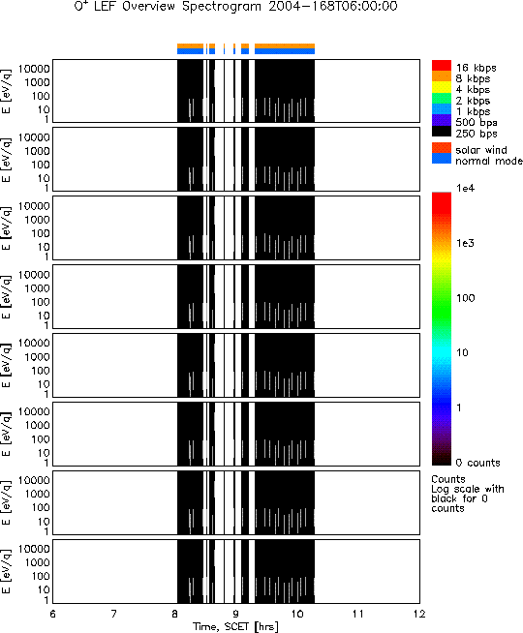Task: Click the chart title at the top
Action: [236, 7]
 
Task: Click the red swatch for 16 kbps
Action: [442, 66]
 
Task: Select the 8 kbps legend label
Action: [473, 78]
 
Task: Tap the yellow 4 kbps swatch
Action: [442, 87]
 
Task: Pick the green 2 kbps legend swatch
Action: [442, 98]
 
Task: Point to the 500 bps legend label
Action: [477, 123]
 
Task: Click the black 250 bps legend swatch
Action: [442, 131]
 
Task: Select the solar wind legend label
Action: [481, 150]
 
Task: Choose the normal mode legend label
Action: [489, 161]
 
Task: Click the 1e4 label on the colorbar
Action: [465, 188]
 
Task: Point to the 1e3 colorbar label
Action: [465, 243]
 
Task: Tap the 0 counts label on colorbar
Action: [477, 463]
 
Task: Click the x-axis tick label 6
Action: [52, 615]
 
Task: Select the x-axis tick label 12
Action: [419, 615]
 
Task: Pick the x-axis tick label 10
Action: [297, 615]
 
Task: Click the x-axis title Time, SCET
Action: [222, 627]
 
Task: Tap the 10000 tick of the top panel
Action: [34, 69]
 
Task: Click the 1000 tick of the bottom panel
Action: [37, 562]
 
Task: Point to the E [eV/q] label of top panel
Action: [7, 91]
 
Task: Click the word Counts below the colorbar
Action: [448, 479]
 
